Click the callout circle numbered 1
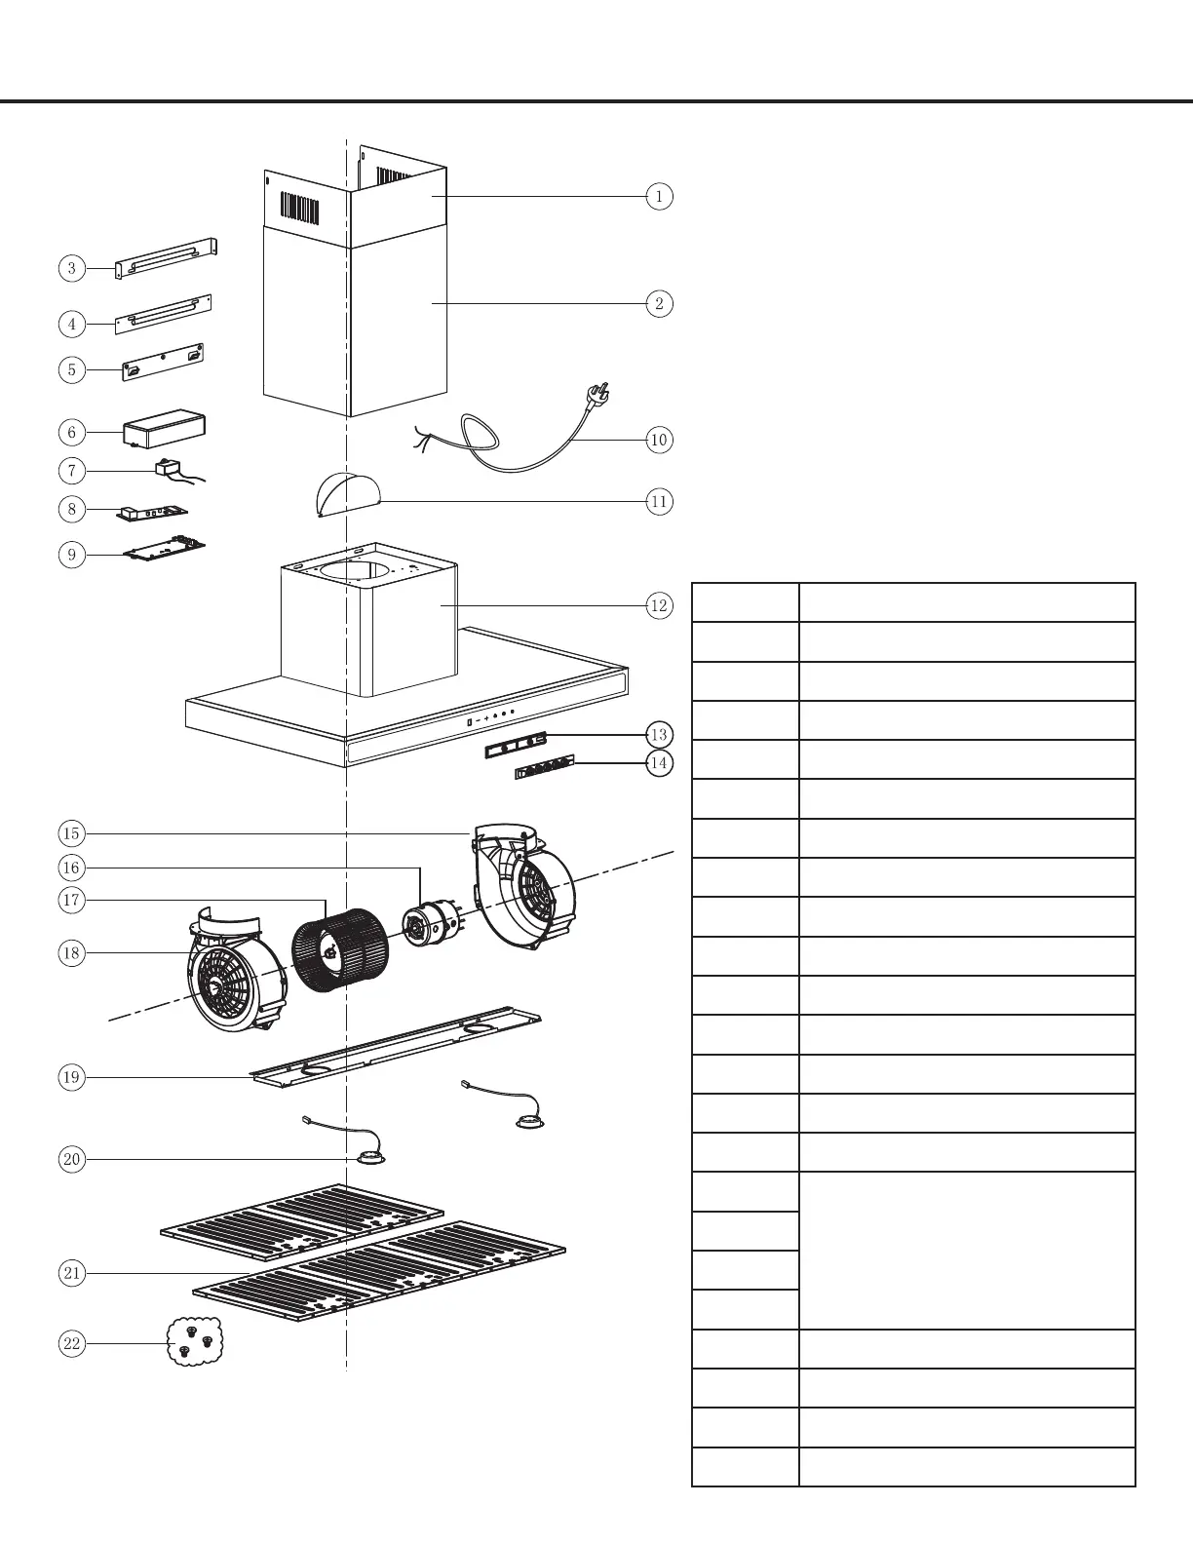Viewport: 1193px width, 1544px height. coord(659,196)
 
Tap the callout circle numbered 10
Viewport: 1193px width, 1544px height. coord(659,440)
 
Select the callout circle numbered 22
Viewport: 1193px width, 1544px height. coord(71,1343)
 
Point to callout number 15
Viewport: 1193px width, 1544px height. coord(71,833)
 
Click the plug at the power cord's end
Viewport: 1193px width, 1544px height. coord(596,394)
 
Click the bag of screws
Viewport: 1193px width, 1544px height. coord(195,1340)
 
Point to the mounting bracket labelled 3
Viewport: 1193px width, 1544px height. coord(166,259)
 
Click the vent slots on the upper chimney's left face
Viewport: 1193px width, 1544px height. coord(300,208)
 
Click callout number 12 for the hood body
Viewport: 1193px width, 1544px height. coord(659,605)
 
